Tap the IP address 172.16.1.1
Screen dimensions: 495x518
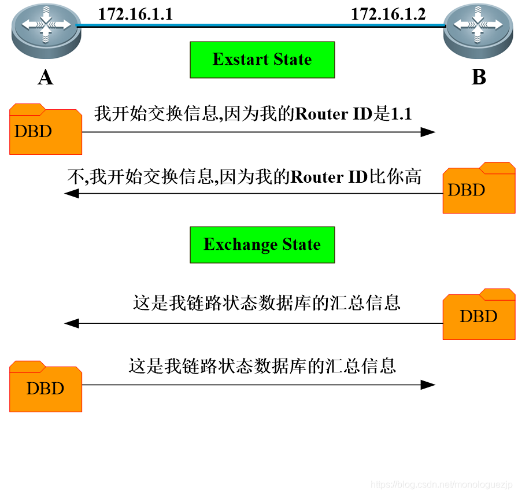[135, 14]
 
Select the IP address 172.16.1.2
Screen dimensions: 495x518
[388, 14]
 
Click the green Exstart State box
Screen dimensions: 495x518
[262, 60]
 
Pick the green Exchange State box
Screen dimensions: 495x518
[262, 245]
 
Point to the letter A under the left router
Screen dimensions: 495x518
[45, 77]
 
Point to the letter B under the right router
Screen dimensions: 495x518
[479, 77]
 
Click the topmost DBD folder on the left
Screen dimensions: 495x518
[45, 130]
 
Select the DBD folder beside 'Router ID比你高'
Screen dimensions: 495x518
[479, 189]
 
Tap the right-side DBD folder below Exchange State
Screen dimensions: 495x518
[479, 315]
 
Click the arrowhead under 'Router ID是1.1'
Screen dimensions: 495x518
[428, 132]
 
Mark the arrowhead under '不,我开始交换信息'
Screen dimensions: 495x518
[72, 194]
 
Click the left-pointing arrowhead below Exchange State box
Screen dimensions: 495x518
[72, 323]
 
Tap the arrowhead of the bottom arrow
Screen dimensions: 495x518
[428, 385]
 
